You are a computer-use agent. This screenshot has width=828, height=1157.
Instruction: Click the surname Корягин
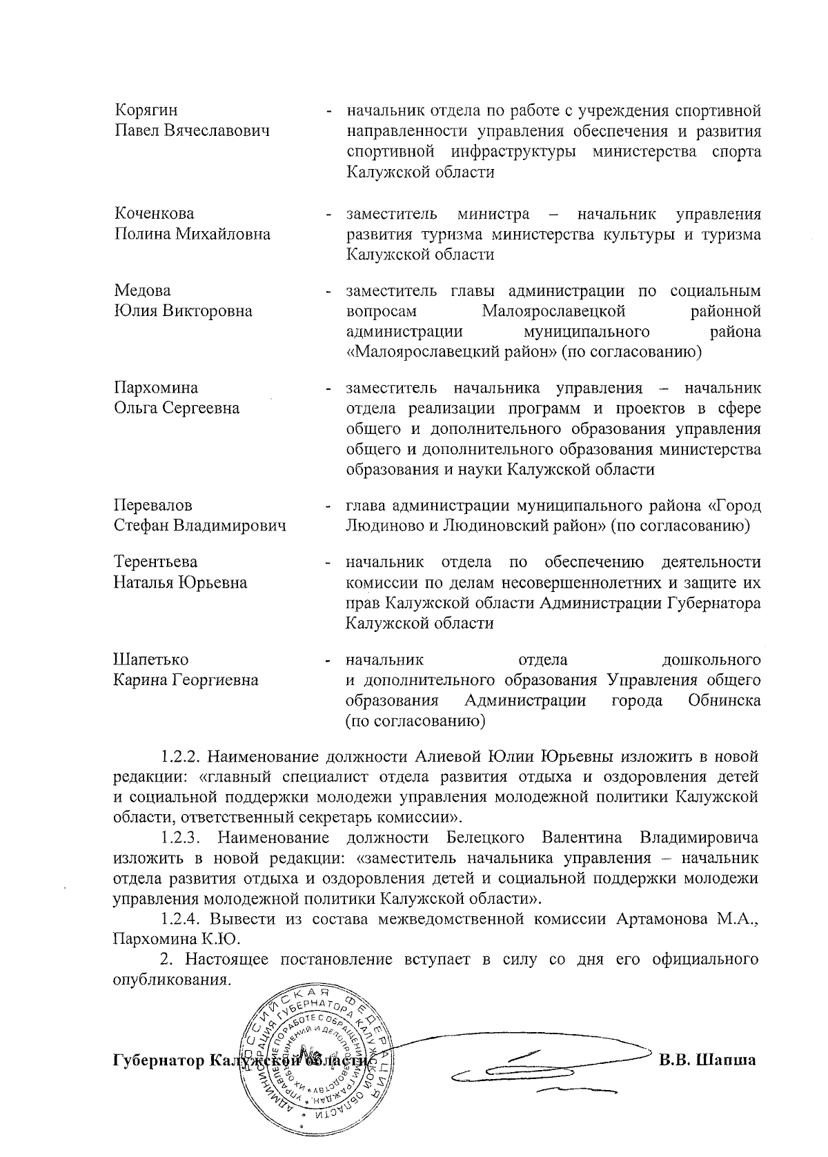[146, 110]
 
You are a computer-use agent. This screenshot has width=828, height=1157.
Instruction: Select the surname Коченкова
[154, 213]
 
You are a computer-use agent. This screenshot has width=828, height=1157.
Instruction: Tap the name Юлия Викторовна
[183, 310]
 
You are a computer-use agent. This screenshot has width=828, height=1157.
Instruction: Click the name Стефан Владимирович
[199, 526]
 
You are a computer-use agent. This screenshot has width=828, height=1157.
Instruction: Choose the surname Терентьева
[155, 562]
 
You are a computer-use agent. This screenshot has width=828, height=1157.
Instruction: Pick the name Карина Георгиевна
[186, 680]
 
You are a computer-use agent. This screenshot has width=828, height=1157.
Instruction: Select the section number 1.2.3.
[180, 838]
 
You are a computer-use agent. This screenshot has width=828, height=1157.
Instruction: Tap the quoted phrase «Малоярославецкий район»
[451, 353]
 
